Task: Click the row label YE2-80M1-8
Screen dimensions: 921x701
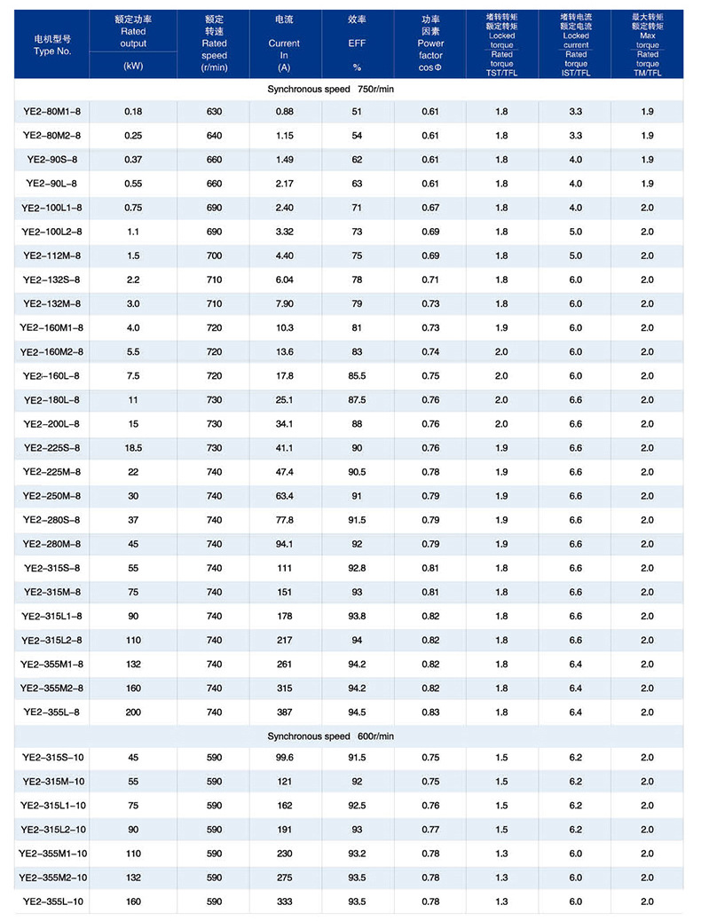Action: (52, 111)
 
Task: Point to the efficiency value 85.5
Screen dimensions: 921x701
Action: (358, 375)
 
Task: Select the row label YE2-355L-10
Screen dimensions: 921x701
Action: (52, 901)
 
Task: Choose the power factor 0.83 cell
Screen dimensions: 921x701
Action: (430, 712)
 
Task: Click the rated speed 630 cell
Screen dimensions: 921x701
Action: (214, 111)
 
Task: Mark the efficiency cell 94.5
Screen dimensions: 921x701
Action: (358, 712)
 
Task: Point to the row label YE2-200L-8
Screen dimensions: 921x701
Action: (52, 424)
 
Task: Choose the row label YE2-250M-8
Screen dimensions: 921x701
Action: (52, 496)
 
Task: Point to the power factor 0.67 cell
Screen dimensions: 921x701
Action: (430, 208)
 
